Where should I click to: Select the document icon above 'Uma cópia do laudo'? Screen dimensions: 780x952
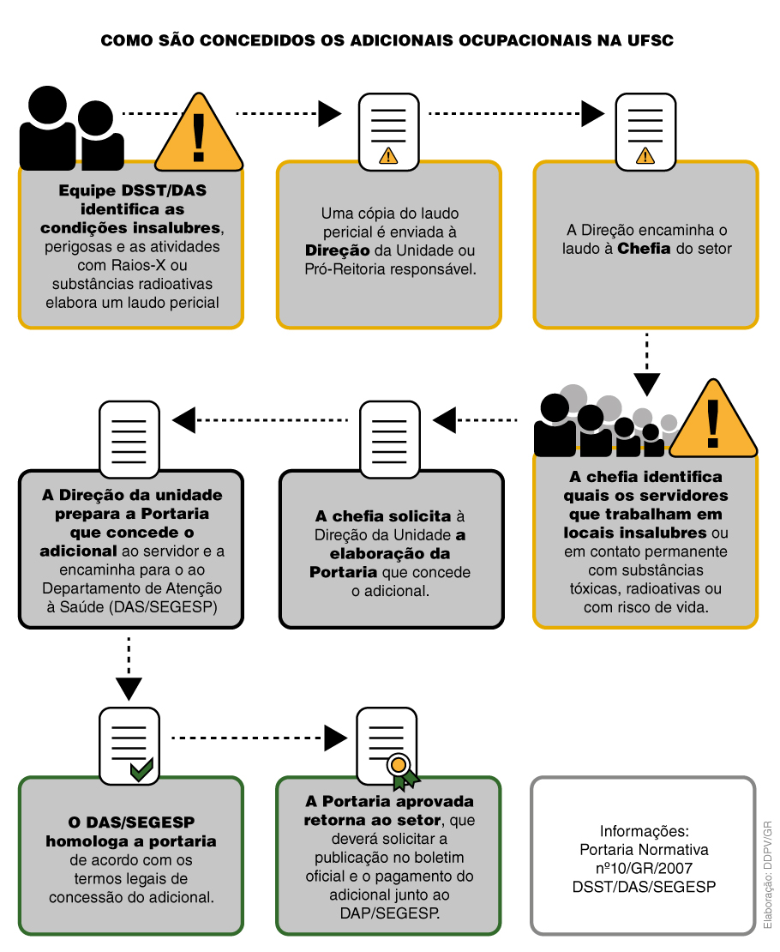click(388, 132)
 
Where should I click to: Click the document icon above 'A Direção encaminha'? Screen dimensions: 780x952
click(645, 132)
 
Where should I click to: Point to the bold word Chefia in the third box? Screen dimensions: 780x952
click(644, 249)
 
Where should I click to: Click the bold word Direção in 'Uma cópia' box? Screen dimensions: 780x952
click(338, 250)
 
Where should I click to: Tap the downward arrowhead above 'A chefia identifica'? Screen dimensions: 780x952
click(647, 384)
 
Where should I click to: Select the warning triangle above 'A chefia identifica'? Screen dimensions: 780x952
click(714, 419)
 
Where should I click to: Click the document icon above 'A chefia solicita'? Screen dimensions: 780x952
click(390, 439)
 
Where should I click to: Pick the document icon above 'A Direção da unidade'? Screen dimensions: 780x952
click(129, 439)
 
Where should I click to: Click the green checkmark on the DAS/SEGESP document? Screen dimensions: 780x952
click(141, 770)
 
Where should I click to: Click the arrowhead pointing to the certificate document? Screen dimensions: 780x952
click(336, 738)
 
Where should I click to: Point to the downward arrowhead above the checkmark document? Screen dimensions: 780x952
click(129, 689)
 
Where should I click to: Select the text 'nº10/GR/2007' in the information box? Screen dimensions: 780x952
click(644, 868)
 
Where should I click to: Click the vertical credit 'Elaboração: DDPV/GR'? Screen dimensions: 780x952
click(768, 875)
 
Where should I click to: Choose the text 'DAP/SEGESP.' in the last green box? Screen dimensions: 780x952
click(390, 913)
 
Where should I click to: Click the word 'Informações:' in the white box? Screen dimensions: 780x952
click(644, 831)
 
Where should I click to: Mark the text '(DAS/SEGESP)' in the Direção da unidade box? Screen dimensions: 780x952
click(163, 607)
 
